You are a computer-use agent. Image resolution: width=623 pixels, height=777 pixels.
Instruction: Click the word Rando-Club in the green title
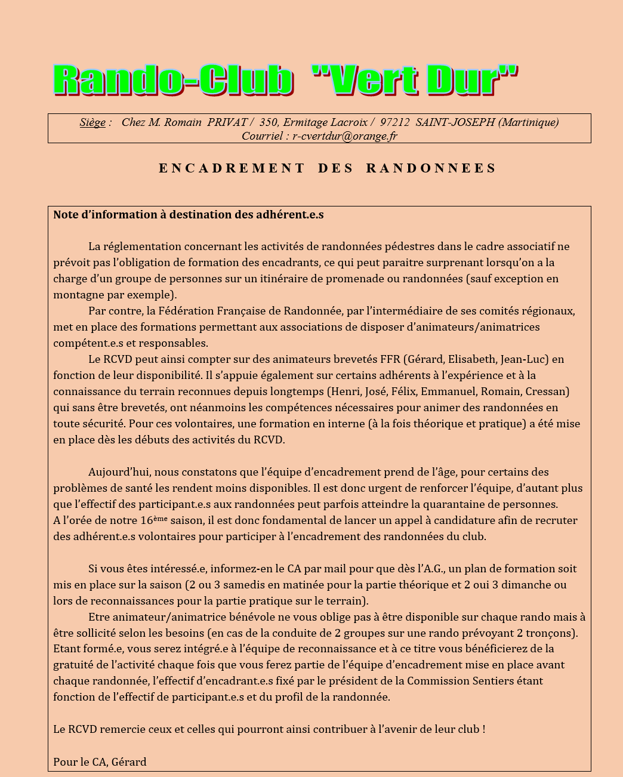pyautogui.click(x=173, y=80)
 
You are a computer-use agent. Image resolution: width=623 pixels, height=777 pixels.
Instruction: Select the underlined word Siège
pyautogui.click(x=92, y=122)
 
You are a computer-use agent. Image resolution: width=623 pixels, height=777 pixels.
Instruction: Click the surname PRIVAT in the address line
pyautogui.click(x=227, y=122)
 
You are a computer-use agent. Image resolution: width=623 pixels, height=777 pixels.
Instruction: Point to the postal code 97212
pyautogui.click(x=394, y=122)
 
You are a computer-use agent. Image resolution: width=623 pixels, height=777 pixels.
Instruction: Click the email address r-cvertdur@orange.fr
pyautogui.click(x=344, y=136)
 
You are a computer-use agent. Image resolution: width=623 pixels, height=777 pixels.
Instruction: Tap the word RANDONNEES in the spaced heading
pyautogui.click(x=431, y=168)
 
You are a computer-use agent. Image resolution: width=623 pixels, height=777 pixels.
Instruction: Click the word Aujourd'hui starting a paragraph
pyautogui.click(x=117, y=472)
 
